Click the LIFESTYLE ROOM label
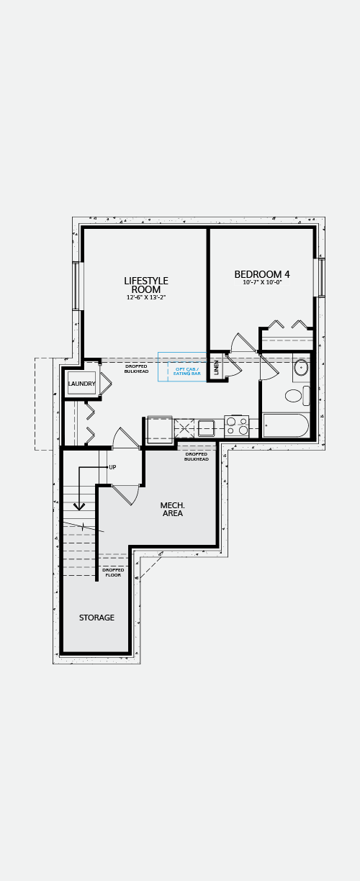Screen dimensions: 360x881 (146, 285)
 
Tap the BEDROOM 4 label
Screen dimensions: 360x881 (262, 274)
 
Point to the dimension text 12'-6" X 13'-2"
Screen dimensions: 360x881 (146, 298)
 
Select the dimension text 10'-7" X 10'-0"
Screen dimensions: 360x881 (262, 282)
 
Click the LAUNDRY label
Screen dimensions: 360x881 (82, 384)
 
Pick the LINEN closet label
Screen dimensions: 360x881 (217, 367)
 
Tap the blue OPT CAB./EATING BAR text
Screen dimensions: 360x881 (187, 371)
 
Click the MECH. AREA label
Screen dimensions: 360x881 (172, 509)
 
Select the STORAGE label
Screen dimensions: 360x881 (96, 618)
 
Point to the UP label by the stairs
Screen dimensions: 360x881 (112, 467)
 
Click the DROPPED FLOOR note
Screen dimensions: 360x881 (113, 572)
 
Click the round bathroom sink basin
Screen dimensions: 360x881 (302, 369)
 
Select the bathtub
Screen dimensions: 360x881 (285, 425)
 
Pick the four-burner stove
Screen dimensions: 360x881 (236, 426)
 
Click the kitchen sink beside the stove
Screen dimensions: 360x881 (206, 428)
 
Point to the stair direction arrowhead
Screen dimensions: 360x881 (79, 507)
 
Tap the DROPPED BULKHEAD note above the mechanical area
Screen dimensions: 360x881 (197, 456)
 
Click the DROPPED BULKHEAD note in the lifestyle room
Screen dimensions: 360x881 (136, 369)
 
